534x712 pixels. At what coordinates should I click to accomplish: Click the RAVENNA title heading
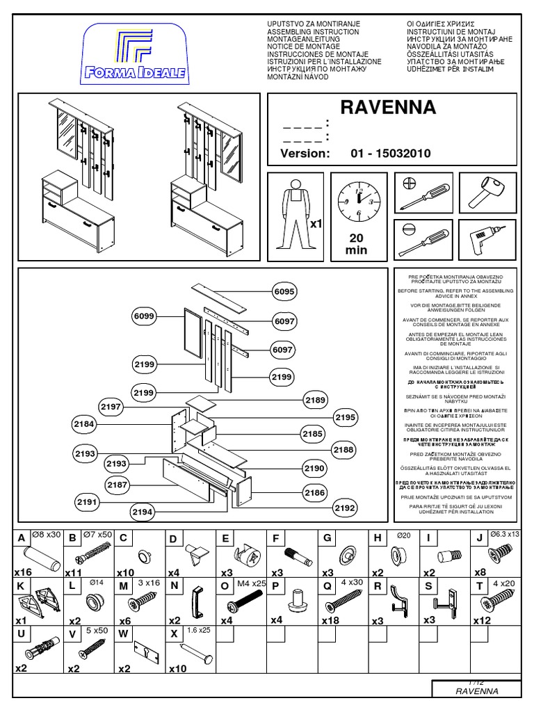[388, 108]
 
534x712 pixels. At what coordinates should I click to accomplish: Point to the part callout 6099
[145, 317]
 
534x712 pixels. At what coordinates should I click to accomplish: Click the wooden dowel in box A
[39, 558]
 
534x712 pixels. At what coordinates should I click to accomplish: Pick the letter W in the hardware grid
[123, 633]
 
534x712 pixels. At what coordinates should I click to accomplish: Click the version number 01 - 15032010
[386, 154]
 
